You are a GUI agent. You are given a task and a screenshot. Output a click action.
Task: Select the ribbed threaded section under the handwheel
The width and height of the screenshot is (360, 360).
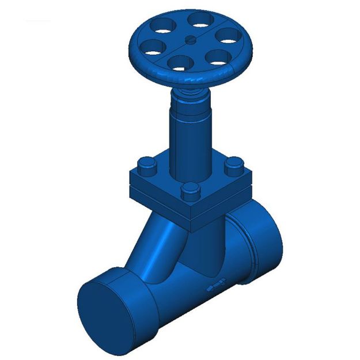coord(190,92)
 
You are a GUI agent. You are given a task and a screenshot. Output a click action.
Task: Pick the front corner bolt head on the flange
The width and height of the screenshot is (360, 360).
coord(189,190)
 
